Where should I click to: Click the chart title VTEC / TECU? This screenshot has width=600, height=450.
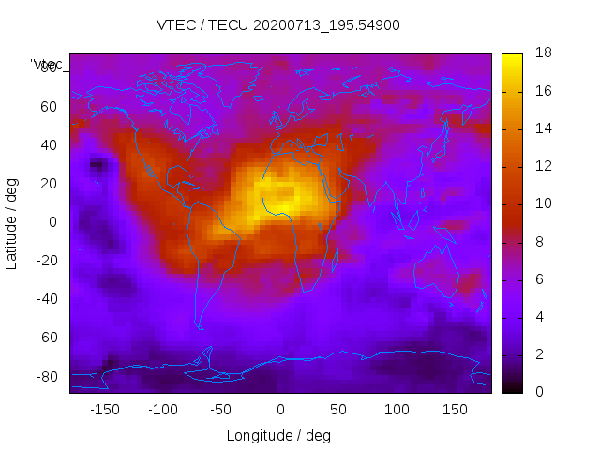(278, 25)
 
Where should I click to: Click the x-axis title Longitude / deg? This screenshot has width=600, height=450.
(278, 436)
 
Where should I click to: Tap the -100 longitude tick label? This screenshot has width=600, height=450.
(162, 410)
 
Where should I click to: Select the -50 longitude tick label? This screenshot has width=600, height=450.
(221, 410)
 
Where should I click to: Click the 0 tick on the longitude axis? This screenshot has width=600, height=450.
(280, 410)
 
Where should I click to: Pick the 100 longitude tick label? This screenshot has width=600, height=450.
(397, 410)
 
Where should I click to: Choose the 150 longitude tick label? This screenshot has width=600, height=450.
(456, 410)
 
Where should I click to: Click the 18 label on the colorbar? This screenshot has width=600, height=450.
(542, 53)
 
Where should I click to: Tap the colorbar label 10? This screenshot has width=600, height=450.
(542, 203)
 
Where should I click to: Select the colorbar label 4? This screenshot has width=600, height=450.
(538, 316)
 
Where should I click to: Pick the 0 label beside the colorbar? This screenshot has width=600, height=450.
(538, 391)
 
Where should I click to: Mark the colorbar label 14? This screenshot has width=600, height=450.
(542, 128)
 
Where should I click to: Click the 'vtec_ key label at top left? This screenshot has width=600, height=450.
(47, 65)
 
